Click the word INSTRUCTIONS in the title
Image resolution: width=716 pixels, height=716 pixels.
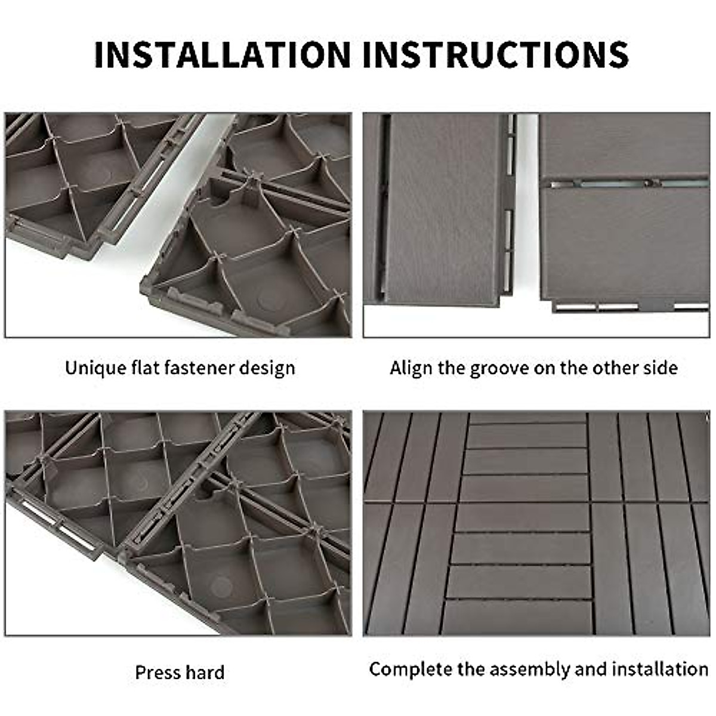click(x=495, y=54)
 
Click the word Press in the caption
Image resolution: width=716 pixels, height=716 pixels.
click(x=156, y=672)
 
